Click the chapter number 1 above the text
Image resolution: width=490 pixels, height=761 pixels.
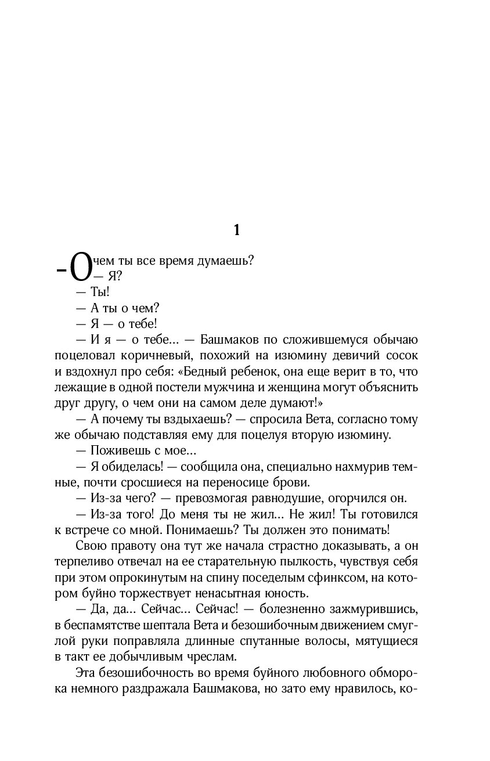point(236,230)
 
